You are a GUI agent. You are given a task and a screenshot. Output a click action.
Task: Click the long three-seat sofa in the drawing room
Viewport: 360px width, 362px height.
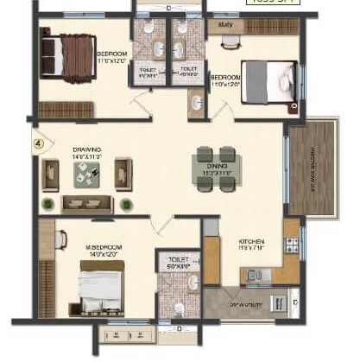(x=87, y=204)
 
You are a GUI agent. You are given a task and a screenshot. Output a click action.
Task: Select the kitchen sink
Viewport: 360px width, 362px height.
(x=255, y=276)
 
